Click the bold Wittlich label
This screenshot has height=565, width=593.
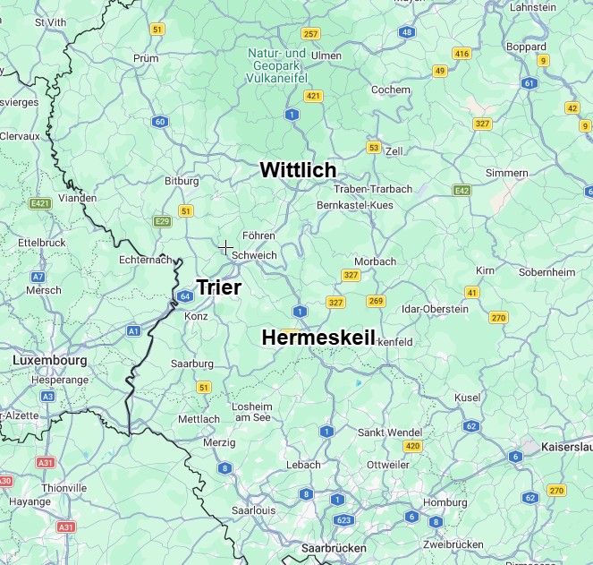pos(298,169)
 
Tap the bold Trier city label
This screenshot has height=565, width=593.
pos(218,287)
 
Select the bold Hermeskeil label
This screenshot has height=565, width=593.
pos(318,337)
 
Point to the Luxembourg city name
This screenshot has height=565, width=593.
pos(50,360)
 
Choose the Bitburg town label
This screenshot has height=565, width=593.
pos(182,181)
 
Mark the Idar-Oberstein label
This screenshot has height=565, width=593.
pos(436,309)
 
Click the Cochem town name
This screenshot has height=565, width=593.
pos(391,90)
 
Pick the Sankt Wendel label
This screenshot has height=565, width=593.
pos(389,432)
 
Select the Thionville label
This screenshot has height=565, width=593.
pos(64,488)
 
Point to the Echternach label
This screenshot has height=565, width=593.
pos(145,260)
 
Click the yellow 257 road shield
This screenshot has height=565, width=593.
pos(310,34)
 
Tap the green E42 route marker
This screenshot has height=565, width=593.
pos(462,190)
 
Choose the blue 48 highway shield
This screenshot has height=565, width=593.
pos(407,32)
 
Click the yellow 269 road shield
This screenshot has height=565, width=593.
pos(376,301)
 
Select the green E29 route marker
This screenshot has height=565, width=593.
pos(162,221)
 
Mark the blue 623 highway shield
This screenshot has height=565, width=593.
pos(342,519)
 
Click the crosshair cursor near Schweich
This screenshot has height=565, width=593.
pos(225,247)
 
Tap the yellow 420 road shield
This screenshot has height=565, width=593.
pos(412,446)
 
